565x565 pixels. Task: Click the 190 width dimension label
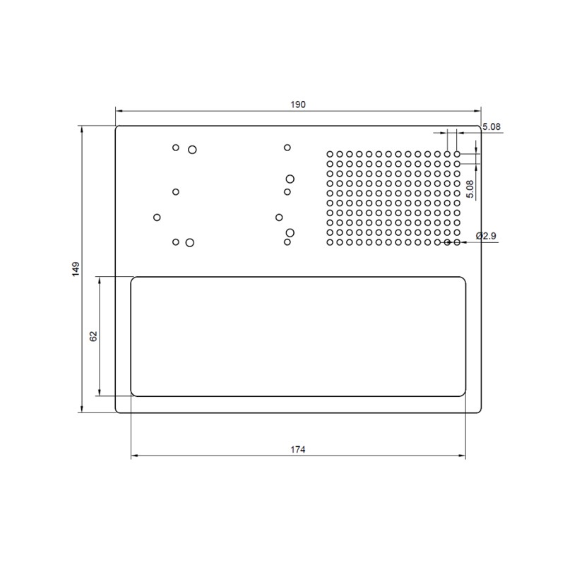[297, 105]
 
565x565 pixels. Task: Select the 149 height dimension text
[76, 268]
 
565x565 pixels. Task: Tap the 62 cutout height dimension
[93, 336]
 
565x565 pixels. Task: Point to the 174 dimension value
[297, 449]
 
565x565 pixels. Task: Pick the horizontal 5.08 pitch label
[491, 127]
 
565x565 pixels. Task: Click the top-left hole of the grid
[330, 153]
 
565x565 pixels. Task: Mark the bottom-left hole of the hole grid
[330, 242]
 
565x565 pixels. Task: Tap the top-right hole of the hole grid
[457, 153]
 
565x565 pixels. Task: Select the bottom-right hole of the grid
[457, 242]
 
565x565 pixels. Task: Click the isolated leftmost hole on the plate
[157, 217]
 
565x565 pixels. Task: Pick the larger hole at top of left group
[192, 149]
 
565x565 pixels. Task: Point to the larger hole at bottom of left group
[190, 242]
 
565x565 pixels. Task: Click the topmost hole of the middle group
[287, 148]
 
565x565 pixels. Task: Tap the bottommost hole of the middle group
[287, 242]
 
